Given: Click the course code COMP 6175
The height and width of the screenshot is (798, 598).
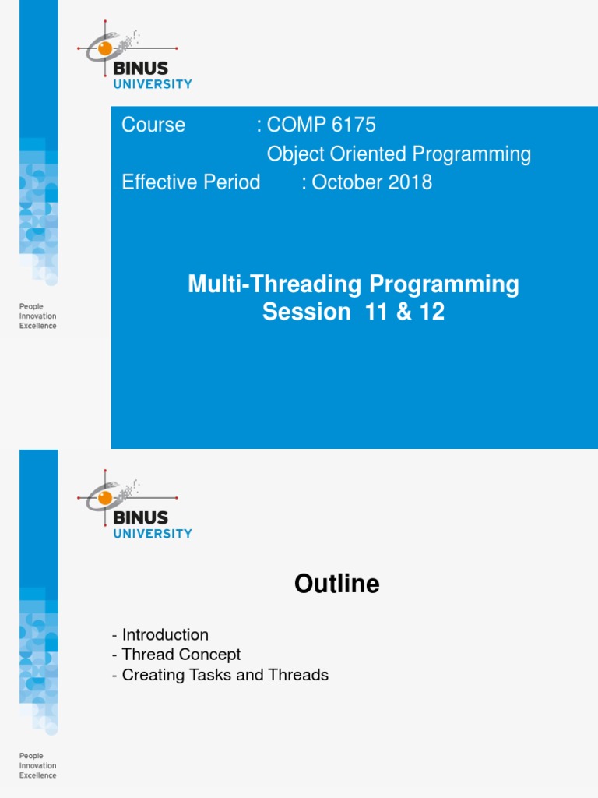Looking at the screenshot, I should (321, 125).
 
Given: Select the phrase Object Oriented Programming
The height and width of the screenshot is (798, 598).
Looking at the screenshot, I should (399, 154).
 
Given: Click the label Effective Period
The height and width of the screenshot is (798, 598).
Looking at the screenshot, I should (191, 182).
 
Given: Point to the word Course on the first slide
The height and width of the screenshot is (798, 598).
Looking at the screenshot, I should (153, 125).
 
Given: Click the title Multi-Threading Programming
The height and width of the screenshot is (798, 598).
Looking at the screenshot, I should (353, 284).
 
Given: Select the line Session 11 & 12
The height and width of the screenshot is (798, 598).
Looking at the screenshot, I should (353, 312).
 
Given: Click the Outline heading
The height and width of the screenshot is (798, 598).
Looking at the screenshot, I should (336, 584).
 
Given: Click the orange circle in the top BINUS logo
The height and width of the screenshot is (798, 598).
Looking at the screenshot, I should (105, 48).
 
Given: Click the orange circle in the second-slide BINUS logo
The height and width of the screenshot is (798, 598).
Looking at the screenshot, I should (105, 497).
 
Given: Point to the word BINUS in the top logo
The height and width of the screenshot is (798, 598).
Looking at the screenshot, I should (141, 69).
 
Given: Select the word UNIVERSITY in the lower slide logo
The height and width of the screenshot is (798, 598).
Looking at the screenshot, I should (153, 534).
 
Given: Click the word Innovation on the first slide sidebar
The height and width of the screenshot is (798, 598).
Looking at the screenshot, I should (37, 316).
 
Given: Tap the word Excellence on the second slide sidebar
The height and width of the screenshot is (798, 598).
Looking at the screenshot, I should (37, 775).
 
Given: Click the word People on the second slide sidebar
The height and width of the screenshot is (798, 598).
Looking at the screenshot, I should (31, 756).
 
